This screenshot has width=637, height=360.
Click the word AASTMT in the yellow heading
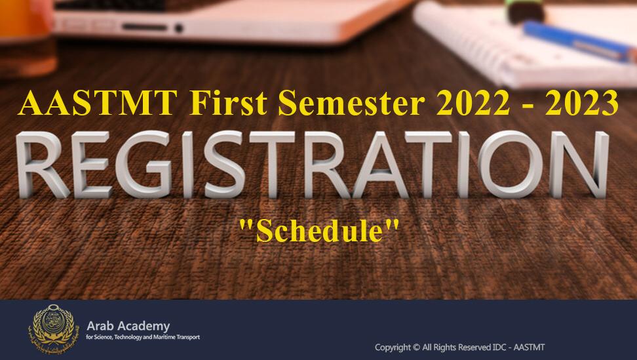click(98, 103)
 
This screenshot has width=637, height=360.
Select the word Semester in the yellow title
click(352, 103)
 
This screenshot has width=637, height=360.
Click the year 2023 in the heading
click(582, 103)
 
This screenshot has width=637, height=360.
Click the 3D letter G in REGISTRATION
click(144, 165)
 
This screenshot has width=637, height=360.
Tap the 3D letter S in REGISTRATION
click(225, 165)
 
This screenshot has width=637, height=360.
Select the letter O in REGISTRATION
click(510, 165)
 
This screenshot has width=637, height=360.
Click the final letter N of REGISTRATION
click(579, 165)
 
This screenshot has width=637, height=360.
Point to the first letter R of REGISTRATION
click(41, 165)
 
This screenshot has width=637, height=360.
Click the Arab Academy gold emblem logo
click(52, 329)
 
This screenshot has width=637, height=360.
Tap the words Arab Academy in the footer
click(128, 326)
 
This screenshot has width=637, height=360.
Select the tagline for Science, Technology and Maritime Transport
click(143, 337)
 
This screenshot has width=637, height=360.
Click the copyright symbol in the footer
click(416, 348)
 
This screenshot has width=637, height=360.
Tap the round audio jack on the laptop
click(178, 28)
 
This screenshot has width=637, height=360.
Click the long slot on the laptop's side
click(145, 28)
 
